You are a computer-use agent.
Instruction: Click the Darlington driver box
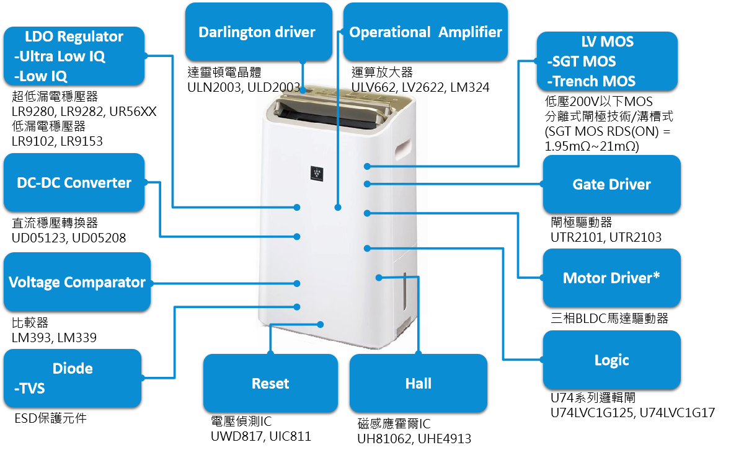[x=257, y=32]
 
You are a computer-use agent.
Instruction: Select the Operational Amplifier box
[x=425, y=32]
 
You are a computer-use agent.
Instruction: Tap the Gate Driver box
[x=611, y=184]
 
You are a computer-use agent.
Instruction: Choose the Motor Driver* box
[x=611, y=278]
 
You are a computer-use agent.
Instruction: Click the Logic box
[x=611, y=360]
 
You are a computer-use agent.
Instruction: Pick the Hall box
[x=418, y=383]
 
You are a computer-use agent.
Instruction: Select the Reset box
[x=270, y=383]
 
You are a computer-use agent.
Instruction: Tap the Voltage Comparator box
[x=77, y=282]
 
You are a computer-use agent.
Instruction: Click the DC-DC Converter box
[x=74, y=183]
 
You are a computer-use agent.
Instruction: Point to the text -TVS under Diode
[x=29, y=389]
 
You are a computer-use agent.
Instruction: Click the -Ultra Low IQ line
[x=60, y=56]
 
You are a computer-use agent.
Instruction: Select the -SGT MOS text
[x=582, y=61]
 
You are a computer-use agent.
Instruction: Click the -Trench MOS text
[x=591, y=81]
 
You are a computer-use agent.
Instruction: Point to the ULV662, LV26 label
[x=390, y=87]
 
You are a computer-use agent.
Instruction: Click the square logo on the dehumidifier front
[x=317, y=173]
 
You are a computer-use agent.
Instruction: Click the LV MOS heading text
[x=607, y=42]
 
